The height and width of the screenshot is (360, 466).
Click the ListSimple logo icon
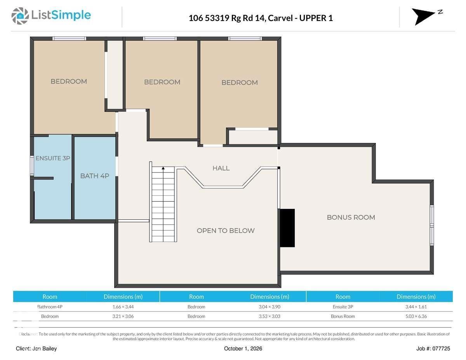click(x=20, y=16)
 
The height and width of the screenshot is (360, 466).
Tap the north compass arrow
click(x=423, y=17)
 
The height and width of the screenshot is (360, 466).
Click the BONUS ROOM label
click(x=351, y=217)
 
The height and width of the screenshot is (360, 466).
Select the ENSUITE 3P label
click(x=53, y=158)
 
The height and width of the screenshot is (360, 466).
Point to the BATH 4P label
click(x=95, y=176)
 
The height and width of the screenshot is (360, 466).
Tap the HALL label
click(x=221, y=168)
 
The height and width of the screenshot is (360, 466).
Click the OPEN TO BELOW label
click(x=226, y=231)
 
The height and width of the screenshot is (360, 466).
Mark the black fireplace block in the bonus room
click(x=287, y=228)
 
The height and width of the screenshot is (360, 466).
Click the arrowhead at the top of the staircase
click(x=163, y=168)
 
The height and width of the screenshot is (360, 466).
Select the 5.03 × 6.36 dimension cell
click(x=416, y=316)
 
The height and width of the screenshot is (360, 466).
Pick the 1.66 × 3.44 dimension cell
click(x=123, y=307)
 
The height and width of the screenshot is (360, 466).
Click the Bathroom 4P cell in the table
click(x=50, y=307)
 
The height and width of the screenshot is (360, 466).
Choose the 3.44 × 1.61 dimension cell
click(x=416, y=307)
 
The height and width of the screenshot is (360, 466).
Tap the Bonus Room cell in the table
click(x=343, y=316)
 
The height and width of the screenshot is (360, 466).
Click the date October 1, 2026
click(x=243, y=349)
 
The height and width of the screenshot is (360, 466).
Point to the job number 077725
click(x=441, y=349)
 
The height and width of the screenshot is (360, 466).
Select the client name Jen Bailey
click(x=45, y=349)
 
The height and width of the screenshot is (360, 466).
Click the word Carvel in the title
click(x=280, y=18)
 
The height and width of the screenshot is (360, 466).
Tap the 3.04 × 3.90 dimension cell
click(x=270, y=307)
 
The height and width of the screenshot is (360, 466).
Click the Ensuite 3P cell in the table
click(x=343, y=307)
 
